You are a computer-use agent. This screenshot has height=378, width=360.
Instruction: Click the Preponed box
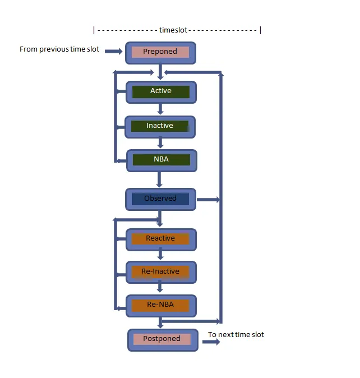[160, 52]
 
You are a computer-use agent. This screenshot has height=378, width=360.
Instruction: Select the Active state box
[161, 91]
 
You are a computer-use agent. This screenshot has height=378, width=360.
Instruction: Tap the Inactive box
[160, 126]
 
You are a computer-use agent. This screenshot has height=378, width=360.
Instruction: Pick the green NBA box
[161, 160]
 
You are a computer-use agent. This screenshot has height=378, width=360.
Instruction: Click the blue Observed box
[160, 199]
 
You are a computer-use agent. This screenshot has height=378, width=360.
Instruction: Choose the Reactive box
[160, 239]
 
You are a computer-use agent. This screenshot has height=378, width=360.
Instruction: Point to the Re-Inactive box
[160, 272]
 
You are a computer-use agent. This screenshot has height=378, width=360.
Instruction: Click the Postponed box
[162, 339]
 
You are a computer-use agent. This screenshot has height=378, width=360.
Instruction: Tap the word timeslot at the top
[173, 30]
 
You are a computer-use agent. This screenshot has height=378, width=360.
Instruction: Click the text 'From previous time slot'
[59, 49]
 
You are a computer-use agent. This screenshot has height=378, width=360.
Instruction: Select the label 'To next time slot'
[236, 335]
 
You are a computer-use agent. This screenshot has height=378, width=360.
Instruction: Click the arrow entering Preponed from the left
[113, 52]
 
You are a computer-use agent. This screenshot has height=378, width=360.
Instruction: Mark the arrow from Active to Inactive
[160, 109]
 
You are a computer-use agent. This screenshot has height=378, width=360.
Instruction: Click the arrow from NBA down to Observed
[159, 179]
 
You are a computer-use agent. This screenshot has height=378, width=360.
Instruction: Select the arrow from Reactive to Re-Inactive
[160, 255]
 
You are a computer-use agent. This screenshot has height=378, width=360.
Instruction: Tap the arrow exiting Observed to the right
[207, 199]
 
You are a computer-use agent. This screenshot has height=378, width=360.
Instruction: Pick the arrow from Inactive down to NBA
[160, 143]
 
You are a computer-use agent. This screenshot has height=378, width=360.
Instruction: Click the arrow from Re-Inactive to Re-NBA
[160, 288]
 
